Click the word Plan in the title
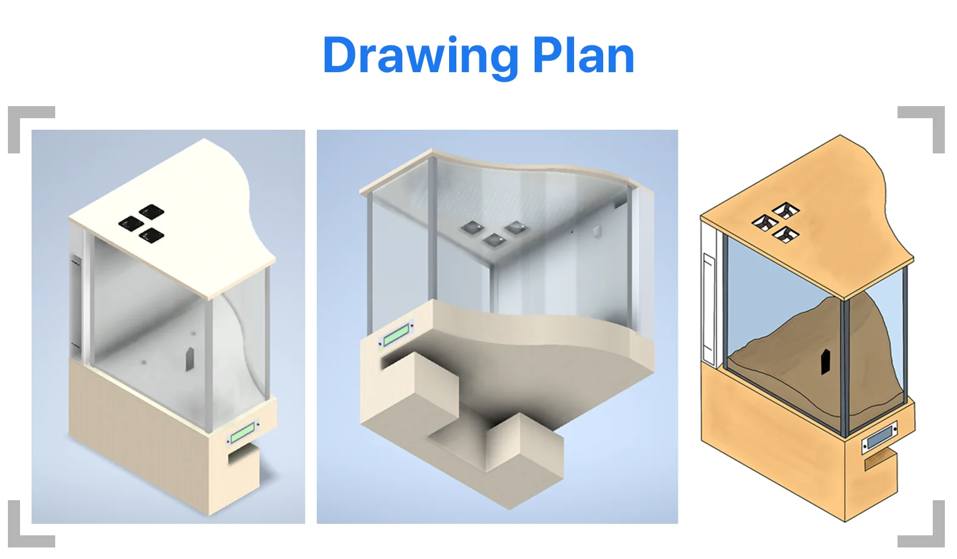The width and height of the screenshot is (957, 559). (x=584, y=55)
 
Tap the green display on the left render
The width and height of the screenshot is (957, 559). (x=243, y=433)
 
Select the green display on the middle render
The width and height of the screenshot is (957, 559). (x=396, y=335)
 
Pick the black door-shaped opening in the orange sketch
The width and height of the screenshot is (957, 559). (x=826, y=362)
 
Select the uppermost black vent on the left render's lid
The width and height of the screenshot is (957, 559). (x=152, y=211)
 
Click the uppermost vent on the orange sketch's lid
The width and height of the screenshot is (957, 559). (x=786, y=210)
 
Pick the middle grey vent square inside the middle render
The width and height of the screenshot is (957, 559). (x=495, y=240)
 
